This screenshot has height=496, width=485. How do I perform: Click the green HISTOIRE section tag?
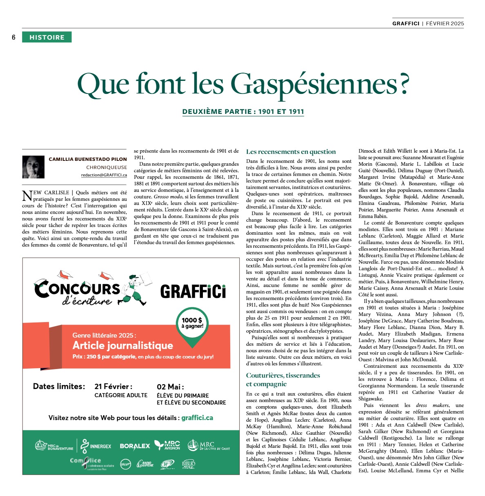(47, 37)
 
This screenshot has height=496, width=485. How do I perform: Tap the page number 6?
(13, 38)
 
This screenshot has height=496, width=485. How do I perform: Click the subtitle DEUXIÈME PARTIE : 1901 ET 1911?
(243, 111)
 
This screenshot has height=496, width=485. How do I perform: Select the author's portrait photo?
(33, 167)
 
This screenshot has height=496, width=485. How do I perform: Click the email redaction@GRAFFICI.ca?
(104, 175)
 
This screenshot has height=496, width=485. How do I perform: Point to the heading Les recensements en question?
(291, 151)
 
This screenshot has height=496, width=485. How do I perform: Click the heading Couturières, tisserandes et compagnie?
(283, 380)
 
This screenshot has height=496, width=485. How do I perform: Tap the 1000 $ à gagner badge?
(192, 323)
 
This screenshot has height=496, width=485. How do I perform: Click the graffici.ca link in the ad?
(197, 418)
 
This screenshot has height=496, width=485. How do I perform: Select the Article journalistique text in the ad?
(122, 345)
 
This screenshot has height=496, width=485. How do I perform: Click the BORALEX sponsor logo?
(135, 446)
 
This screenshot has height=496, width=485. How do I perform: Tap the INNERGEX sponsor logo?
(96, 446)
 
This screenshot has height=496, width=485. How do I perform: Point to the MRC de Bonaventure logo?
(54, 446)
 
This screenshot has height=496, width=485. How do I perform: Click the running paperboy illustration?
(133, 289)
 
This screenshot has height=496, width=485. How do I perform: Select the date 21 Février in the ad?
(113, 387)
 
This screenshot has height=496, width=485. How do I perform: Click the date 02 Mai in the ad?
(170, 387)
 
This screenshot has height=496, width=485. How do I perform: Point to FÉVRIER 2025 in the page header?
(445, 24)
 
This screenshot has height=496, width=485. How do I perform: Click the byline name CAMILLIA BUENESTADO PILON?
(88, 159)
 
